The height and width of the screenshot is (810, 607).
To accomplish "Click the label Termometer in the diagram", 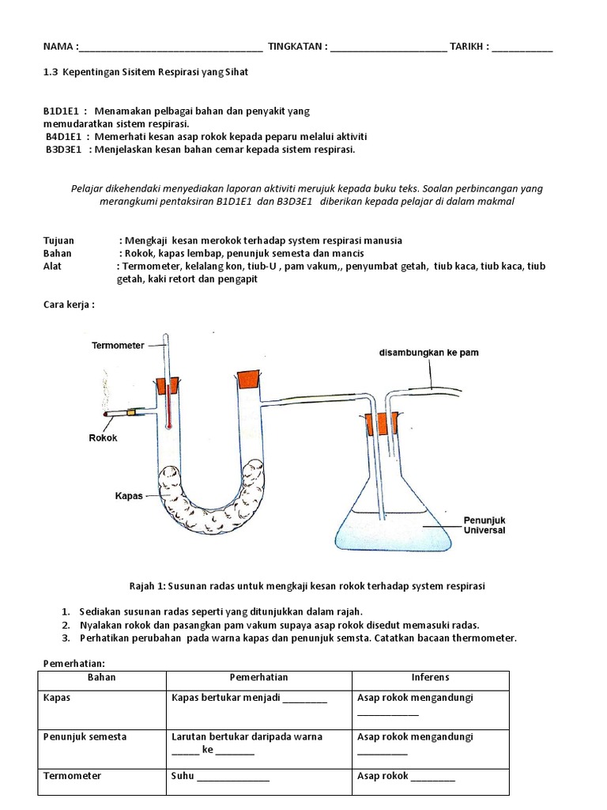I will point(118,345).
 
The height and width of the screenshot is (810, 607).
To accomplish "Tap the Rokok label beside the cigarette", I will point(103,437).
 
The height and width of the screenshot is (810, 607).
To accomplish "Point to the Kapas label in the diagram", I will point(128,495).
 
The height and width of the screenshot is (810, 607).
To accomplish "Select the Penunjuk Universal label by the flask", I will point(484,525).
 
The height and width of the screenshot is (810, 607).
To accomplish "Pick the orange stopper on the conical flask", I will point(381,425).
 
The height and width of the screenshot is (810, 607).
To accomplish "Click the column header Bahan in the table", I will point(101,678).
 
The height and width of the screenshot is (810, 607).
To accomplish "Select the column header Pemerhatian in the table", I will point(258,678).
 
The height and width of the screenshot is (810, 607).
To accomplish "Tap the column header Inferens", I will point(430,678).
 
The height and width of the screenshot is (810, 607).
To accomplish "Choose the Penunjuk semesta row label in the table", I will point(84,736).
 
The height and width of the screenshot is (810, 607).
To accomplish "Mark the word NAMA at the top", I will point(57,47).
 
